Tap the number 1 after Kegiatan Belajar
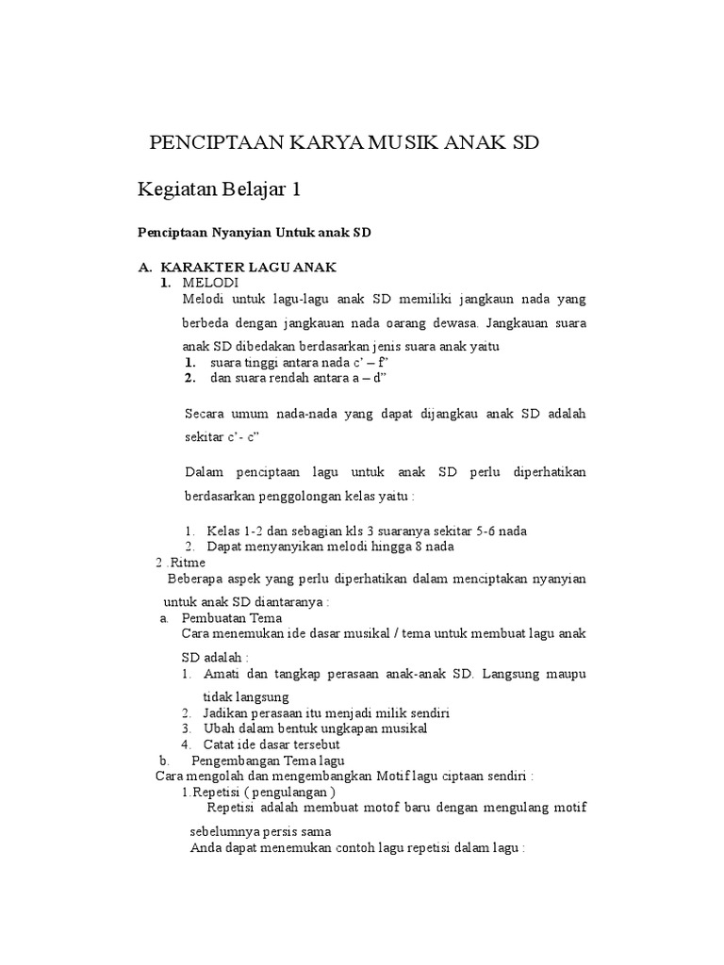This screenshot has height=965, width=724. point(295,189)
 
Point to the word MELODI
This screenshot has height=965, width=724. point(211,282)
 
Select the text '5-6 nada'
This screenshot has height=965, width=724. point(500,531)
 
